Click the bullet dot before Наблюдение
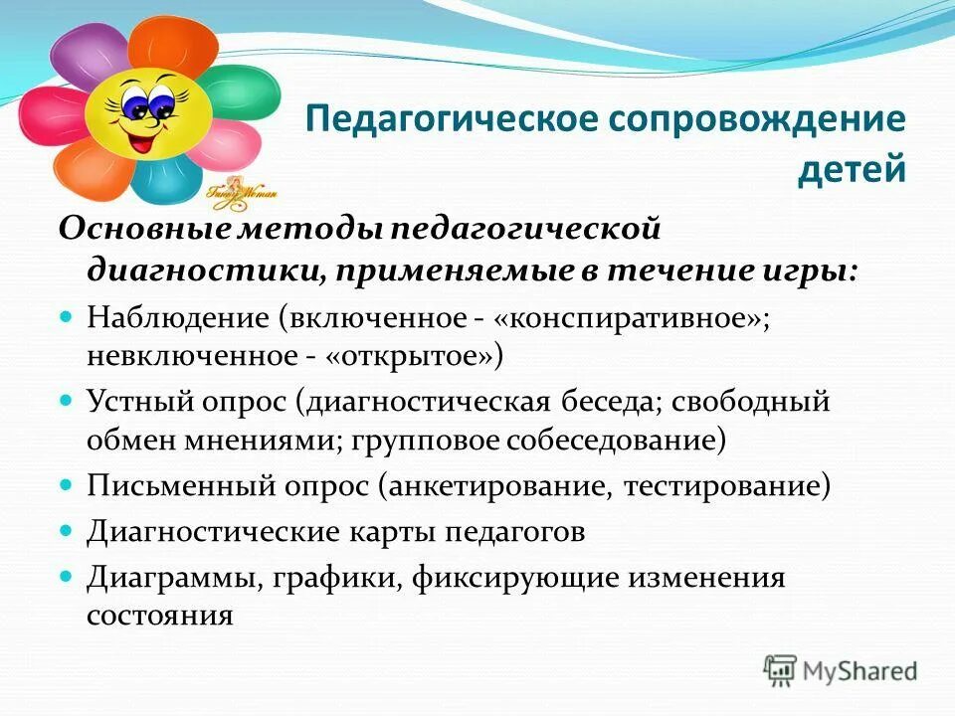[x=68, y=315]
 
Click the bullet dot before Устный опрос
[x=68, y=400]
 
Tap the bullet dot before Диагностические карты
[x=68, y=530]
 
